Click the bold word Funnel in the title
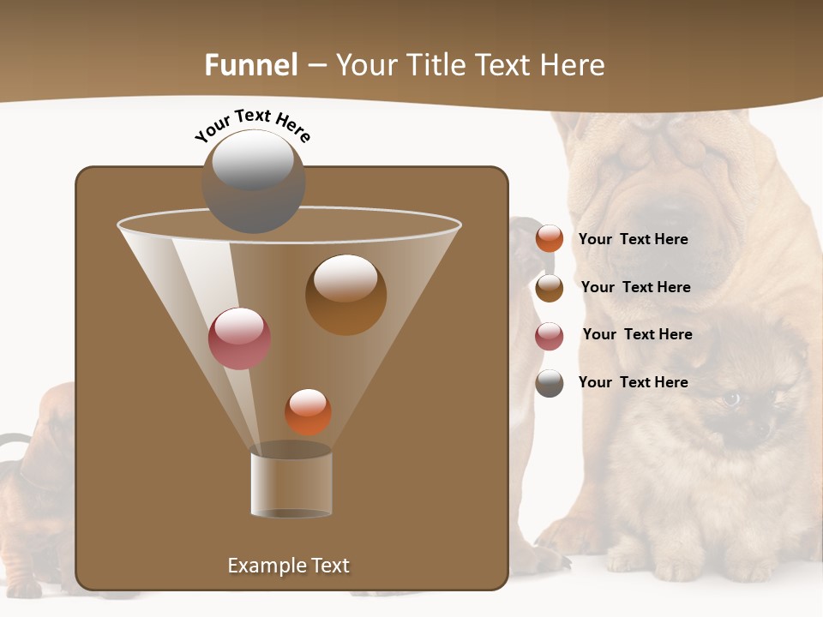click(251, 65)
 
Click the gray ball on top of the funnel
click(253, 181)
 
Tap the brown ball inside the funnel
click(345, 295)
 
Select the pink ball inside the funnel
click(239, 338)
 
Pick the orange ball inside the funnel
click(308, 412)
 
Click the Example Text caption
click(288, 566)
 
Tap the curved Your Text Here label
click(252, 124)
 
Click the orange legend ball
click(550, 239)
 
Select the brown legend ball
click(550, 288)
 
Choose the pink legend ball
click(550, 336)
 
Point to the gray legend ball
click(550, 383)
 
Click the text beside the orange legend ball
click(633, 239)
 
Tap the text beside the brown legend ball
click(635, 287)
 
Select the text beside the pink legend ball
click(637, 334)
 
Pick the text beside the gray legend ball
click(633, 382)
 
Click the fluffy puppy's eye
click(730, 398)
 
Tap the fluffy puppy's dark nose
click(760, 429)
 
